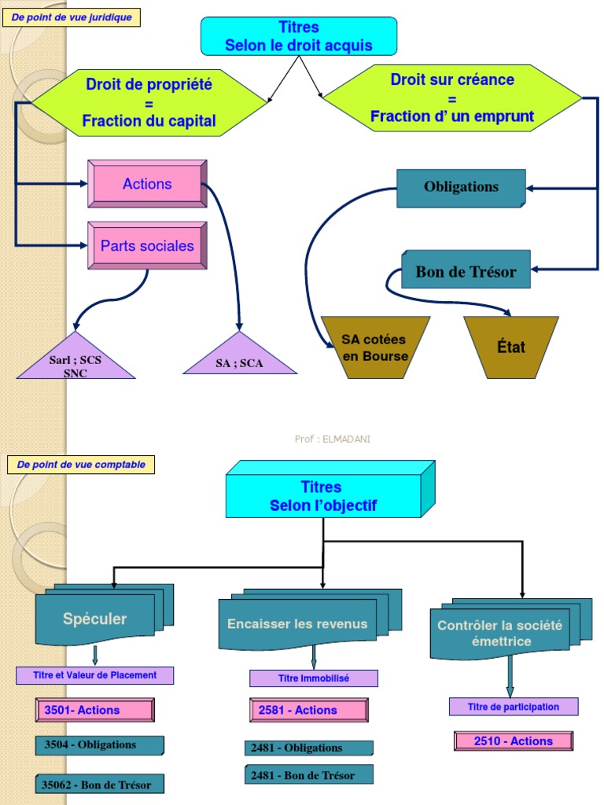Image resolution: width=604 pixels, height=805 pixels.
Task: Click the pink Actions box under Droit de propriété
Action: pyautogui.click(x=147, y=184)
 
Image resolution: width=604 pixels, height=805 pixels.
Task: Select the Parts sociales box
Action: pyautogui.click(x=147, y=246)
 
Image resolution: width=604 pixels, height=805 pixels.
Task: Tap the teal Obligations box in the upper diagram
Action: pyautogui.click(x=461, y=187)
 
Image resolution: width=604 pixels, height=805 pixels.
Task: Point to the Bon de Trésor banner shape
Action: pyautogui.click(x=466, y=272)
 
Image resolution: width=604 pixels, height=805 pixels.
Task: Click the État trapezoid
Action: pyautogui.click(x=510, y=347)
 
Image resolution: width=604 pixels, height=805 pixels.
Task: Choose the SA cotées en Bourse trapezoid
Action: pyautogui.click(x=375, y=347)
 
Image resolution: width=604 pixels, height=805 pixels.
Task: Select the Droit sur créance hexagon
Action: pyautogui.click(x=452, y=98)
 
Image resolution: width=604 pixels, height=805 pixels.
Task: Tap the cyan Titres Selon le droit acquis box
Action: pyautogui.click(x=299, y=36)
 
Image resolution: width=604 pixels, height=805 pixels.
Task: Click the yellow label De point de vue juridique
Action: pyautogui.click(x=72, y=17)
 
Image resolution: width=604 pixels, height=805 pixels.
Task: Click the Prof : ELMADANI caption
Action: pyautogui.click(x=332, y=439)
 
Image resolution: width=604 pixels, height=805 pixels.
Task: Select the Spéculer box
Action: pyautogui.click(x=96, y=619)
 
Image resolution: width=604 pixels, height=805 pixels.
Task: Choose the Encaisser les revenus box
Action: pyautogui.click(x=297, y=624)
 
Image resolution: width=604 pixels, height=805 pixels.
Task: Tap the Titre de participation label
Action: pyautogui.click(x=514, y=707)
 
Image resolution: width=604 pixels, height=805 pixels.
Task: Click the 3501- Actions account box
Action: pyautogui.click(x=95, y=710)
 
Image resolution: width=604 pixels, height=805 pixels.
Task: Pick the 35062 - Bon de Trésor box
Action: pyautogui.click(x=99, y=784)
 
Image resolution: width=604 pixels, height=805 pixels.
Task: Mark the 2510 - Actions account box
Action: pyautogui.click(x=514, y=741)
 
